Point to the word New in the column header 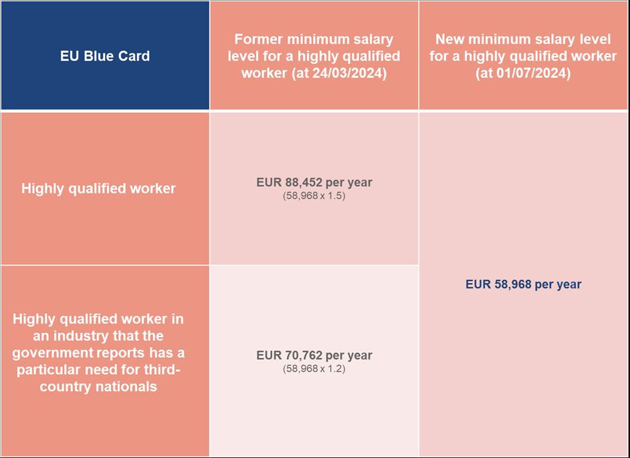449,39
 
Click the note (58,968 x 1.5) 314,196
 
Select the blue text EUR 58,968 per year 523,284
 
